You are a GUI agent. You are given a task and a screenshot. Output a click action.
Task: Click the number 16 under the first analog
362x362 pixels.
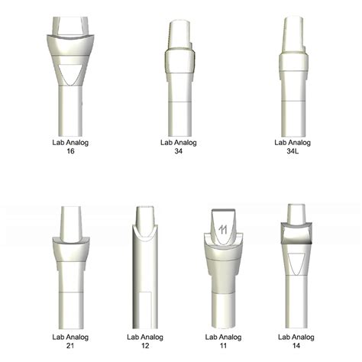[x=70, y=151]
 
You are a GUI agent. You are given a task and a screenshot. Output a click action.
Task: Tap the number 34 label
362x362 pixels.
[x=179, y=151]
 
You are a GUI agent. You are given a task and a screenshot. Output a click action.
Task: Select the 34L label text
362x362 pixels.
[x=293, y=151]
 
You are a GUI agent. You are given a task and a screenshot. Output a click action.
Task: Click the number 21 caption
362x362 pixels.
[x=70, y=345]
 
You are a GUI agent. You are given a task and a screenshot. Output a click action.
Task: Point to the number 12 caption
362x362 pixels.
[x=145, y=345]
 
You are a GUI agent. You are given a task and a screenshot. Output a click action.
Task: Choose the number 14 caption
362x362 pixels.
[x=296, y=345]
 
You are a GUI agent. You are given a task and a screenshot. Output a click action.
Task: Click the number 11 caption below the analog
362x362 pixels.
[x=223, y=345]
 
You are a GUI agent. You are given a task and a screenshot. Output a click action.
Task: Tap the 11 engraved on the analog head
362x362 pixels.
[x=223, y=230]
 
